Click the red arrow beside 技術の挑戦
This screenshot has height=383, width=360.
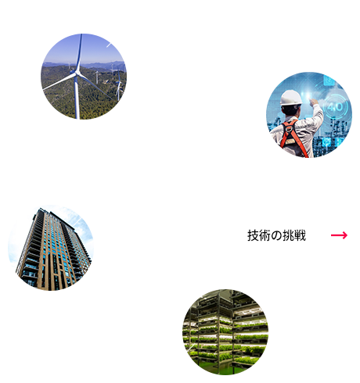click(339, 235)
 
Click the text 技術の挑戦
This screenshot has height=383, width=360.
click(276, 235)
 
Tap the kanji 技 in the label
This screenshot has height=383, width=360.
click(253, 235)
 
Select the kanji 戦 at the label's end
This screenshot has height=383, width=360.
click(300, 235)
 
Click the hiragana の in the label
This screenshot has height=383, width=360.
click(276, 235)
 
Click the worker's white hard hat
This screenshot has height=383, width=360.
click(290, 98)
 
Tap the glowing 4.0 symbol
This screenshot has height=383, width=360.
click(335, 106)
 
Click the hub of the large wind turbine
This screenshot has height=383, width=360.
click(76, 73)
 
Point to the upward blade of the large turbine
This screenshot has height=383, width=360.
click(79, 52)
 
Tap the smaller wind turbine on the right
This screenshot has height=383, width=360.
click(119, 86)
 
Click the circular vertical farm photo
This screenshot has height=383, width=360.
click(225, 332)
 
